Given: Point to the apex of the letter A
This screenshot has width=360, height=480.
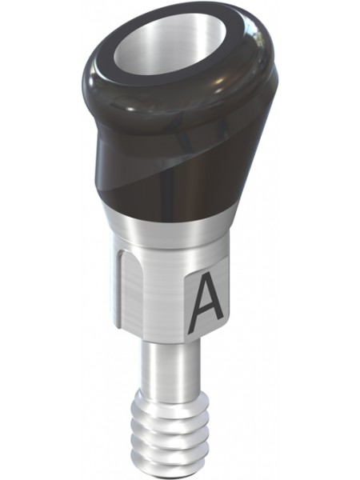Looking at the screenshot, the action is [207, 273].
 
